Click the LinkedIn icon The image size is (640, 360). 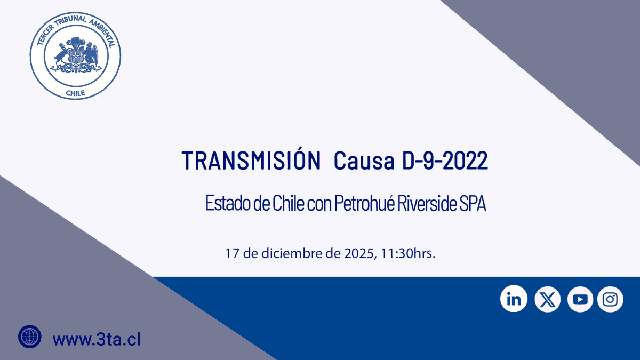coord(514,299)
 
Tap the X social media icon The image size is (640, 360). coord(547,299)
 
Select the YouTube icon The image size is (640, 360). coord(580,299)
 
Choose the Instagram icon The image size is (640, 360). coord(610,299)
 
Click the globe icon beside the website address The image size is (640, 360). coord(30,337)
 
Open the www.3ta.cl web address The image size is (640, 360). coord(97,339)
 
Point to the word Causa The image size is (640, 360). coord(364,161)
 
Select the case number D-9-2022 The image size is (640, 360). coord(445,161)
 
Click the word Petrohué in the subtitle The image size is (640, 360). coord(365,203)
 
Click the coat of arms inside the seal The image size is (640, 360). coord(76,54)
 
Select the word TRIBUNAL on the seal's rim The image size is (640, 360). coord(70,21)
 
